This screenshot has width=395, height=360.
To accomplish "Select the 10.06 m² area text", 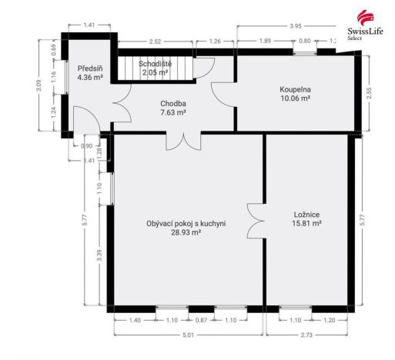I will (295, 99).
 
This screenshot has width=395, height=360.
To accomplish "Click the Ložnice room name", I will (307, 215).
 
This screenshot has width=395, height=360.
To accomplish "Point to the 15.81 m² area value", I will (307, 224).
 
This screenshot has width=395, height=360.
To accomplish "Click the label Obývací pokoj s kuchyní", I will (186, 224).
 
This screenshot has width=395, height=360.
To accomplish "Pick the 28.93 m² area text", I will (186, 232).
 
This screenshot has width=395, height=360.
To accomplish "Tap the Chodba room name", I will (173, 103).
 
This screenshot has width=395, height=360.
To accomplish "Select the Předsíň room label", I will (89, 68).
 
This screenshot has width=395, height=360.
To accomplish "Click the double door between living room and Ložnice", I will (256, 222).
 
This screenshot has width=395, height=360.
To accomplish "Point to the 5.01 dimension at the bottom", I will (187, 335).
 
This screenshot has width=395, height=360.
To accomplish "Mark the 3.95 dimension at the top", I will (294, 26).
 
